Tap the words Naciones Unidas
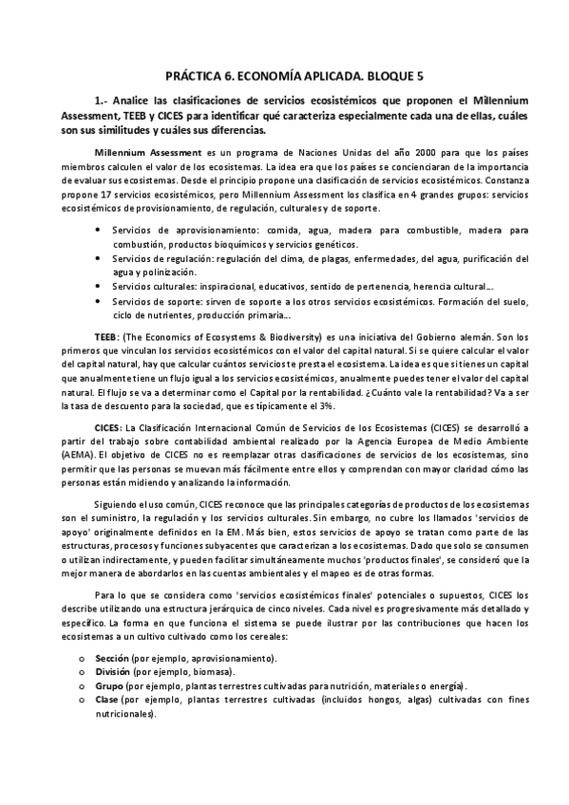[297, 153]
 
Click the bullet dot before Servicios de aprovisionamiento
[102, 230]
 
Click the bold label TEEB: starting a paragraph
[107, 338]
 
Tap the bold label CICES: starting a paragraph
[109, 429]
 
